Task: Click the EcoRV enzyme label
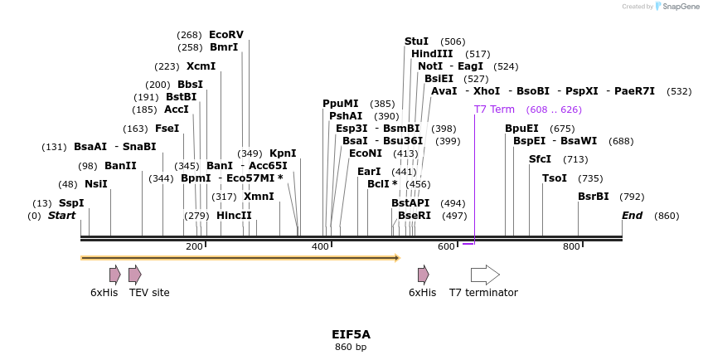pos(225,35)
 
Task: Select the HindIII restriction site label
pos(432,54)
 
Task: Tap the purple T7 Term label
pos(494,109)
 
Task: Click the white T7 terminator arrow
pos(485,275)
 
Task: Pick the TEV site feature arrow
pos(134,275)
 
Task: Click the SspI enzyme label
pos(71,203)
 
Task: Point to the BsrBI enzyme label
pos(594,197)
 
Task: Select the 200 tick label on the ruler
pos(194,246)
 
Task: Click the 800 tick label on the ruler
pos(571,246)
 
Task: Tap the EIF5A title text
pos(351,334)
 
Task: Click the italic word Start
pos(61,216)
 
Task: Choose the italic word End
pos(632,216)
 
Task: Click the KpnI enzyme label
pos(283,153)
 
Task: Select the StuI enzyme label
pos(416,41)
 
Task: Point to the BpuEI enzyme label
pos(521,129)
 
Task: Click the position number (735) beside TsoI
pos(590,178)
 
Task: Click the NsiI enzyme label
pos(96,184)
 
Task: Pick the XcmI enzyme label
pos(201,66)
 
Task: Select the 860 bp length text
pos(351,347)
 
